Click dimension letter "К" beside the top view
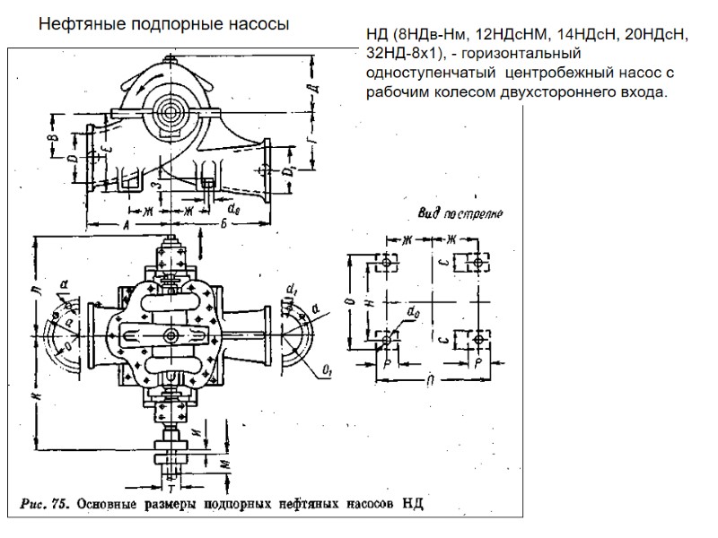coord(33,395)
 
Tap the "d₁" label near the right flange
coord(292,290)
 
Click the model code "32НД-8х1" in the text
coord(398,54)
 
